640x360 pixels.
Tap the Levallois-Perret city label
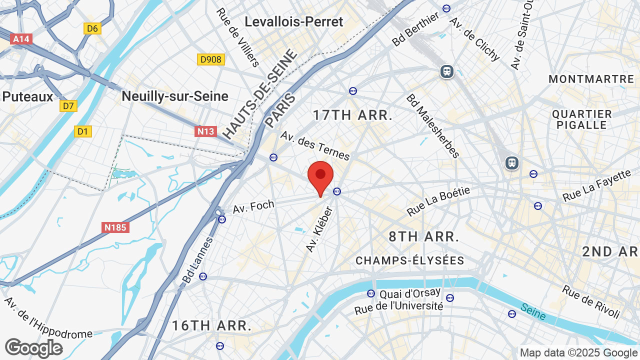pos(294,22)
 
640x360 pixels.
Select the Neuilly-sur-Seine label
pos(175,96)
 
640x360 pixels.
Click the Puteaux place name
pos(27,96)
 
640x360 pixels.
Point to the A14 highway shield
pos(21,39)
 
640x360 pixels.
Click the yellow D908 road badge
pos(210,59)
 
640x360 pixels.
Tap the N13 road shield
pos(205,131)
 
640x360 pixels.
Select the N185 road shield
pos(116,227)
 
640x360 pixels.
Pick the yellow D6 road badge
pos(92,28)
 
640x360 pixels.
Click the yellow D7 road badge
pos(68,105)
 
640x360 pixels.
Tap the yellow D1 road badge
pos(83,131)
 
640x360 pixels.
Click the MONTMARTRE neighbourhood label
pos(591,79)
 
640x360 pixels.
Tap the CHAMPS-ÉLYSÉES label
pos(410,260)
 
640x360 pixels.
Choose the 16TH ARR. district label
pos(212,326)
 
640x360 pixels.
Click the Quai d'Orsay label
pos(410,293)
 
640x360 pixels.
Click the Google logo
pos(33,348)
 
